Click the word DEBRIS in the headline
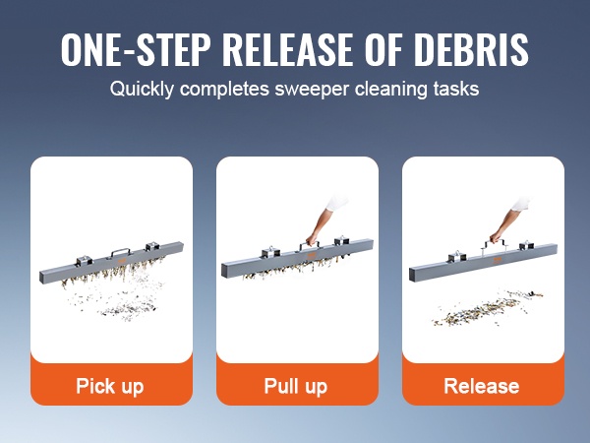tap(474, 50)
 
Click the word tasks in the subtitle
tap(455, 90)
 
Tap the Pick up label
tap(110, 387)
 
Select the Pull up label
tap(296, 387)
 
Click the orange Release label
tap(482, 386)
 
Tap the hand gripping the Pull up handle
tap(312, 239)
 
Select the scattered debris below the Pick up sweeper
tap(117, 297)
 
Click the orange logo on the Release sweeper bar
tap(497, 260)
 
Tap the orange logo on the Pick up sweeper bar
tap(123, 261)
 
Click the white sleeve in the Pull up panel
tap(336, 202)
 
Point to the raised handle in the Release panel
tap(494, 244)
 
